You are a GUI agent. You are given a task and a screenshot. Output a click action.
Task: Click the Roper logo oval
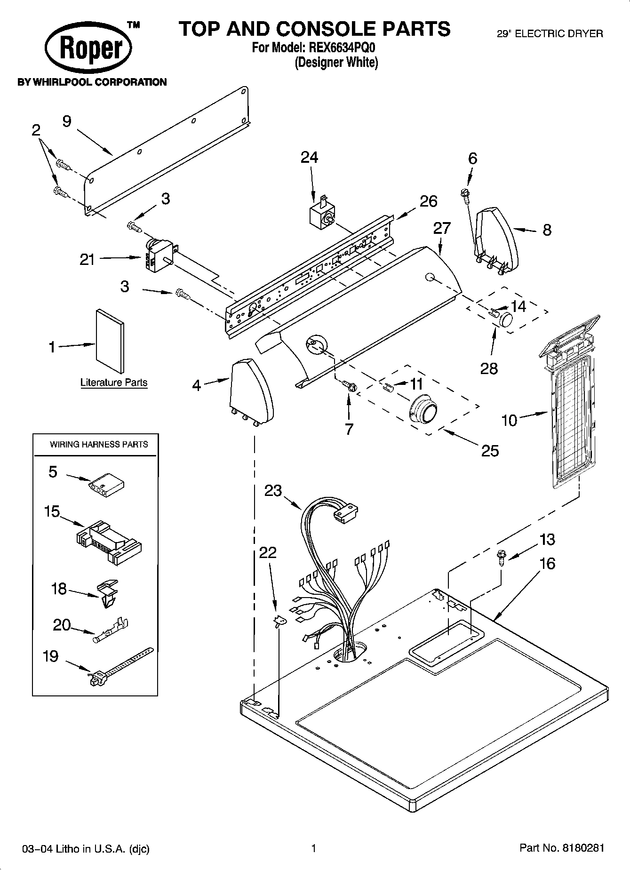(x=88, y=48)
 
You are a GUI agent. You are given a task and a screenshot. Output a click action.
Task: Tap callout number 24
(x=309, y=158)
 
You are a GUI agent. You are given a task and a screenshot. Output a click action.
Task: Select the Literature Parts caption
(x=114, y=383)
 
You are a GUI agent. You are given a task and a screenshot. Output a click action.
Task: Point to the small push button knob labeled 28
(x=505, y=319)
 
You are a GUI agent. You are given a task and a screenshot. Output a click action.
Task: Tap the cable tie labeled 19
(x=120, y=666)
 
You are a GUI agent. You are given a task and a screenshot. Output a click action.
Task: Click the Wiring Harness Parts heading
(x=99, y=444)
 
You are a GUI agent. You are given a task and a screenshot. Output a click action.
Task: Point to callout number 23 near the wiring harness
(x=273, y=490)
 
